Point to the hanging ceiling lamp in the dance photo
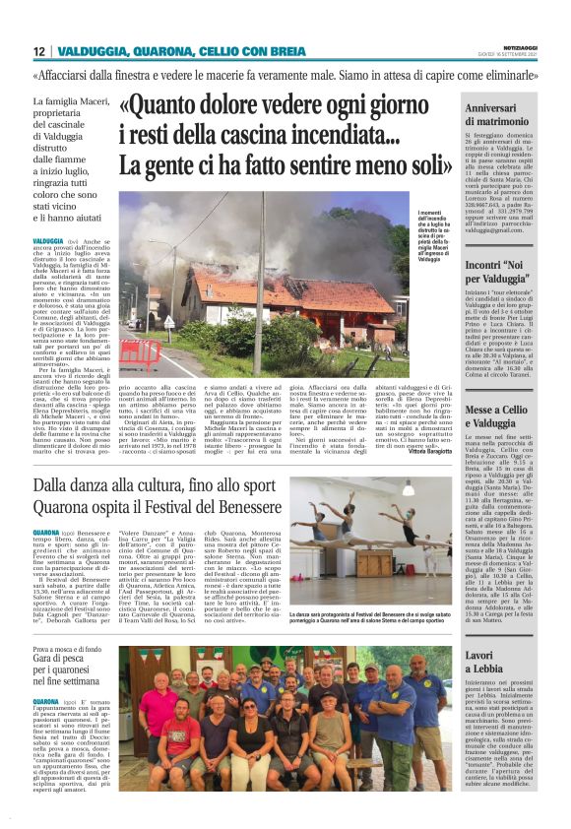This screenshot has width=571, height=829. (x=408, y=489)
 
